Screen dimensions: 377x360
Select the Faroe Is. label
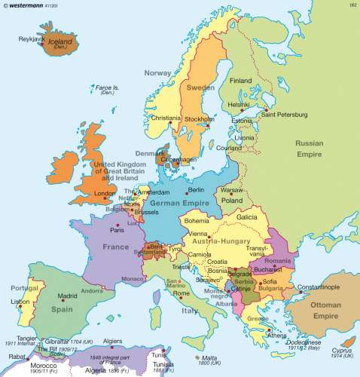tap(109, 90)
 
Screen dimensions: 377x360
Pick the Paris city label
tap(117, 229)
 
